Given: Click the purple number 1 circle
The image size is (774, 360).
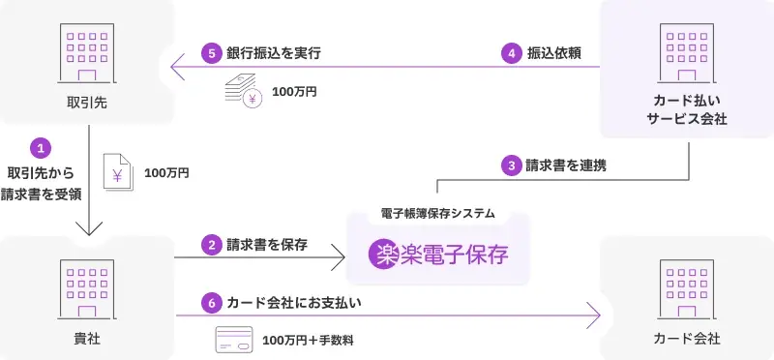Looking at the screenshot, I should pyautogui.click(x=41, y=148).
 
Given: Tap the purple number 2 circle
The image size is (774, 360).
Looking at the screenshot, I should pyautogui.click(x=210, y=245).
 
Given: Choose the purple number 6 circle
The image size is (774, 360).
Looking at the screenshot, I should pyautogui.click(x=210, y=303).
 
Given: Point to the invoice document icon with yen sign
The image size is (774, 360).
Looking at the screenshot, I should pyautogui.click(x=117, y=174).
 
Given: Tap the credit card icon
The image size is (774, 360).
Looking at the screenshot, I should pyautogui.click(x=232, y=340).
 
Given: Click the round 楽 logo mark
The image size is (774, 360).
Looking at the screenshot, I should pyautogui.click(x=384, y=255).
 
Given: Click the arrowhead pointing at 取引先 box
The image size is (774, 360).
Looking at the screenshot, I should pyautogui.click(x=176, y=68).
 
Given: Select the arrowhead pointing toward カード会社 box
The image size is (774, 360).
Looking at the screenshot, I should pyautogui.click(x=593, y=315).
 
